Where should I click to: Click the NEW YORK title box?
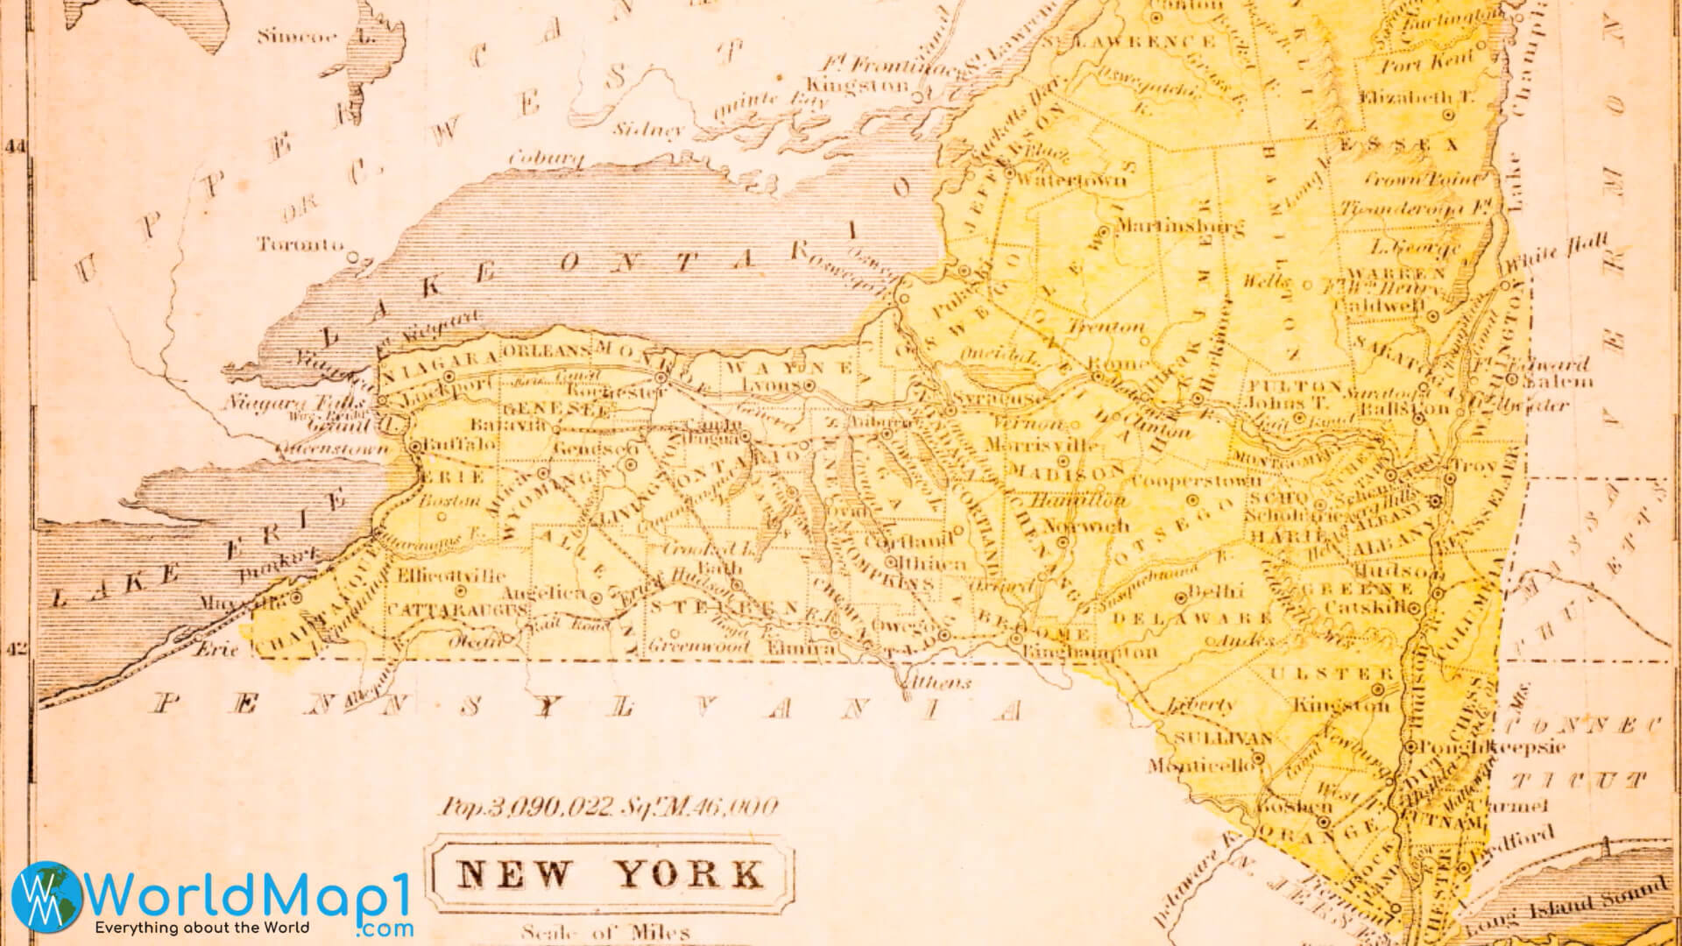coord(611,873)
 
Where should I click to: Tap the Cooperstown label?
coord(1197,481)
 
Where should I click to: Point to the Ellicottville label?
coord(450,576)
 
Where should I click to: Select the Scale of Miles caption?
coord(604,933)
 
